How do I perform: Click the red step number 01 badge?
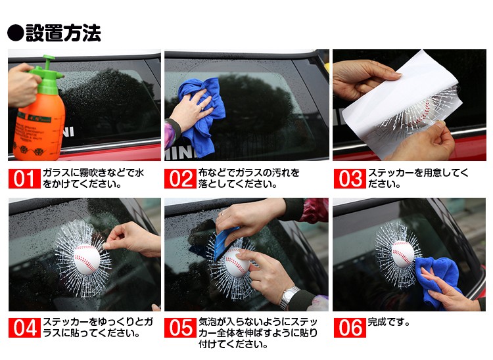[24, 179]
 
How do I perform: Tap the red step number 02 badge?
[180, 179]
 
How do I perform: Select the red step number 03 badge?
[350, 179]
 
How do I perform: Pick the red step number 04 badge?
[24, 328]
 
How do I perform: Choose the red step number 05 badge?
[180, 328]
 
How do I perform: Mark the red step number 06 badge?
[350, 328]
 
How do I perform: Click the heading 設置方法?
[63, 33]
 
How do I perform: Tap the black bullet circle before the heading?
[15, 33]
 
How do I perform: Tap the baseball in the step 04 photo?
[87, 259]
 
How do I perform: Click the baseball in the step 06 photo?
[403, 254]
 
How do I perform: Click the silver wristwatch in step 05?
[289, 296]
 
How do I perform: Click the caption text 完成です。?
[388, 323]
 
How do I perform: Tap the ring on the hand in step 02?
[202, 107]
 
